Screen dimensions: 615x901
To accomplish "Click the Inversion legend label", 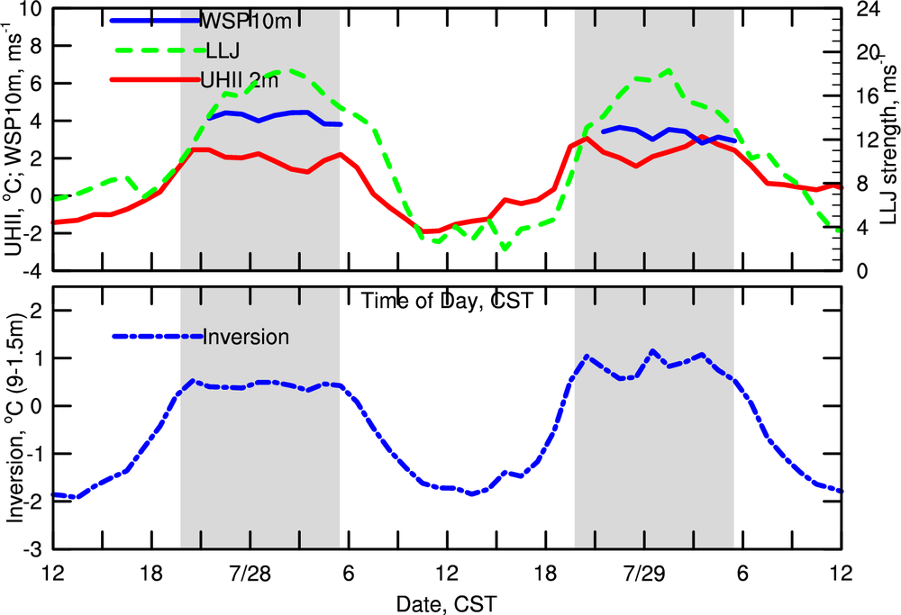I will (x=246, y=337).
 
